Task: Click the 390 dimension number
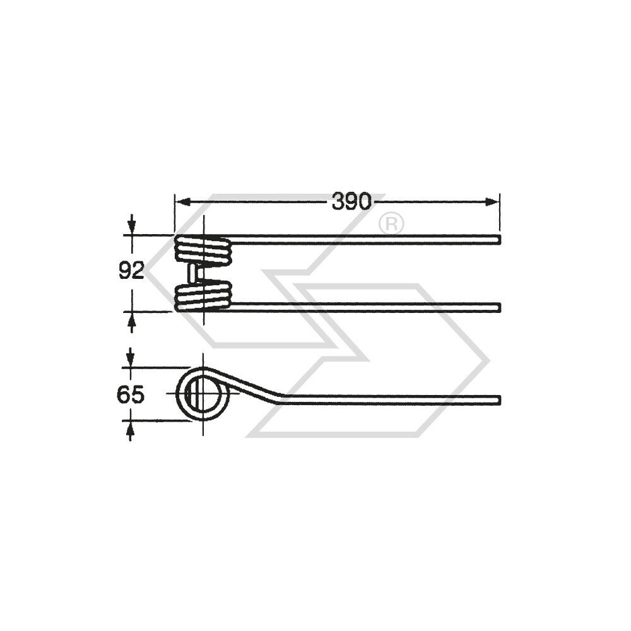pos(351,202)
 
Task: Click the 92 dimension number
pos(132,271)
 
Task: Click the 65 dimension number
pos(131,395)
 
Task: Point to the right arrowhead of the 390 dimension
pos(492,202)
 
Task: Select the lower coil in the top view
pos(204,296)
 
